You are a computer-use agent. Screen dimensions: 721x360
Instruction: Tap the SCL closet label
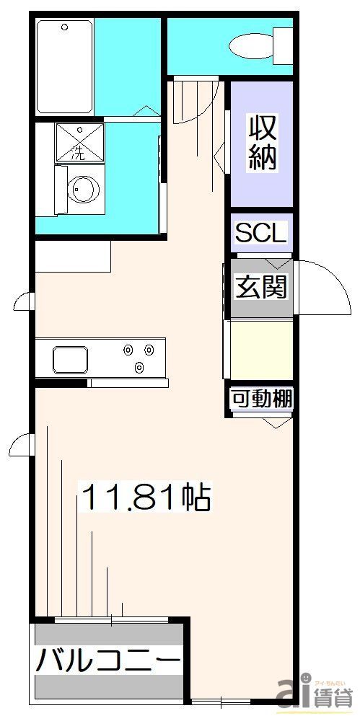[x=261, y=233]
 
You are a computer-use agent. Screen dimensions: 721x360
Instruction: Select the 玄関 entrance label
[x=261, y=287]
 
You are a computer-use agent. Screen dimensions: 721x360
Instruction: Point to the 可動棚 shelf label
[x=261, y=399]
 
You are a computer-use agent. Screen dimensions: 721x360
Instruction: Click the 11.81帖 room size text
[x=146, y=497]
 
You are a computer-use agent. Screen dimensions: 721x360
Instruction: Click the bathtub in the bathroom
[x=64, y=66]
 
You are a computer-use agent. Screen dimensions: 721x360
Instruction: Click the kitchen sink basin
[x=70, y=358]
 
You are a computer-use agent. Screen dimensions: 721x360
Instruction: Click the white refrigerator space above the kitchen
[x=73, y=256]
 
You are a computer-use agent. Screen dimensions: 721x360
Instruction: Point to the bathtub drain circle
[x=65, y=27]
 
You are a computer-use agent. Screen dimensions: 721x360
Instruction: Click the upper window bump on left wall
[x=23, y=301]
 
